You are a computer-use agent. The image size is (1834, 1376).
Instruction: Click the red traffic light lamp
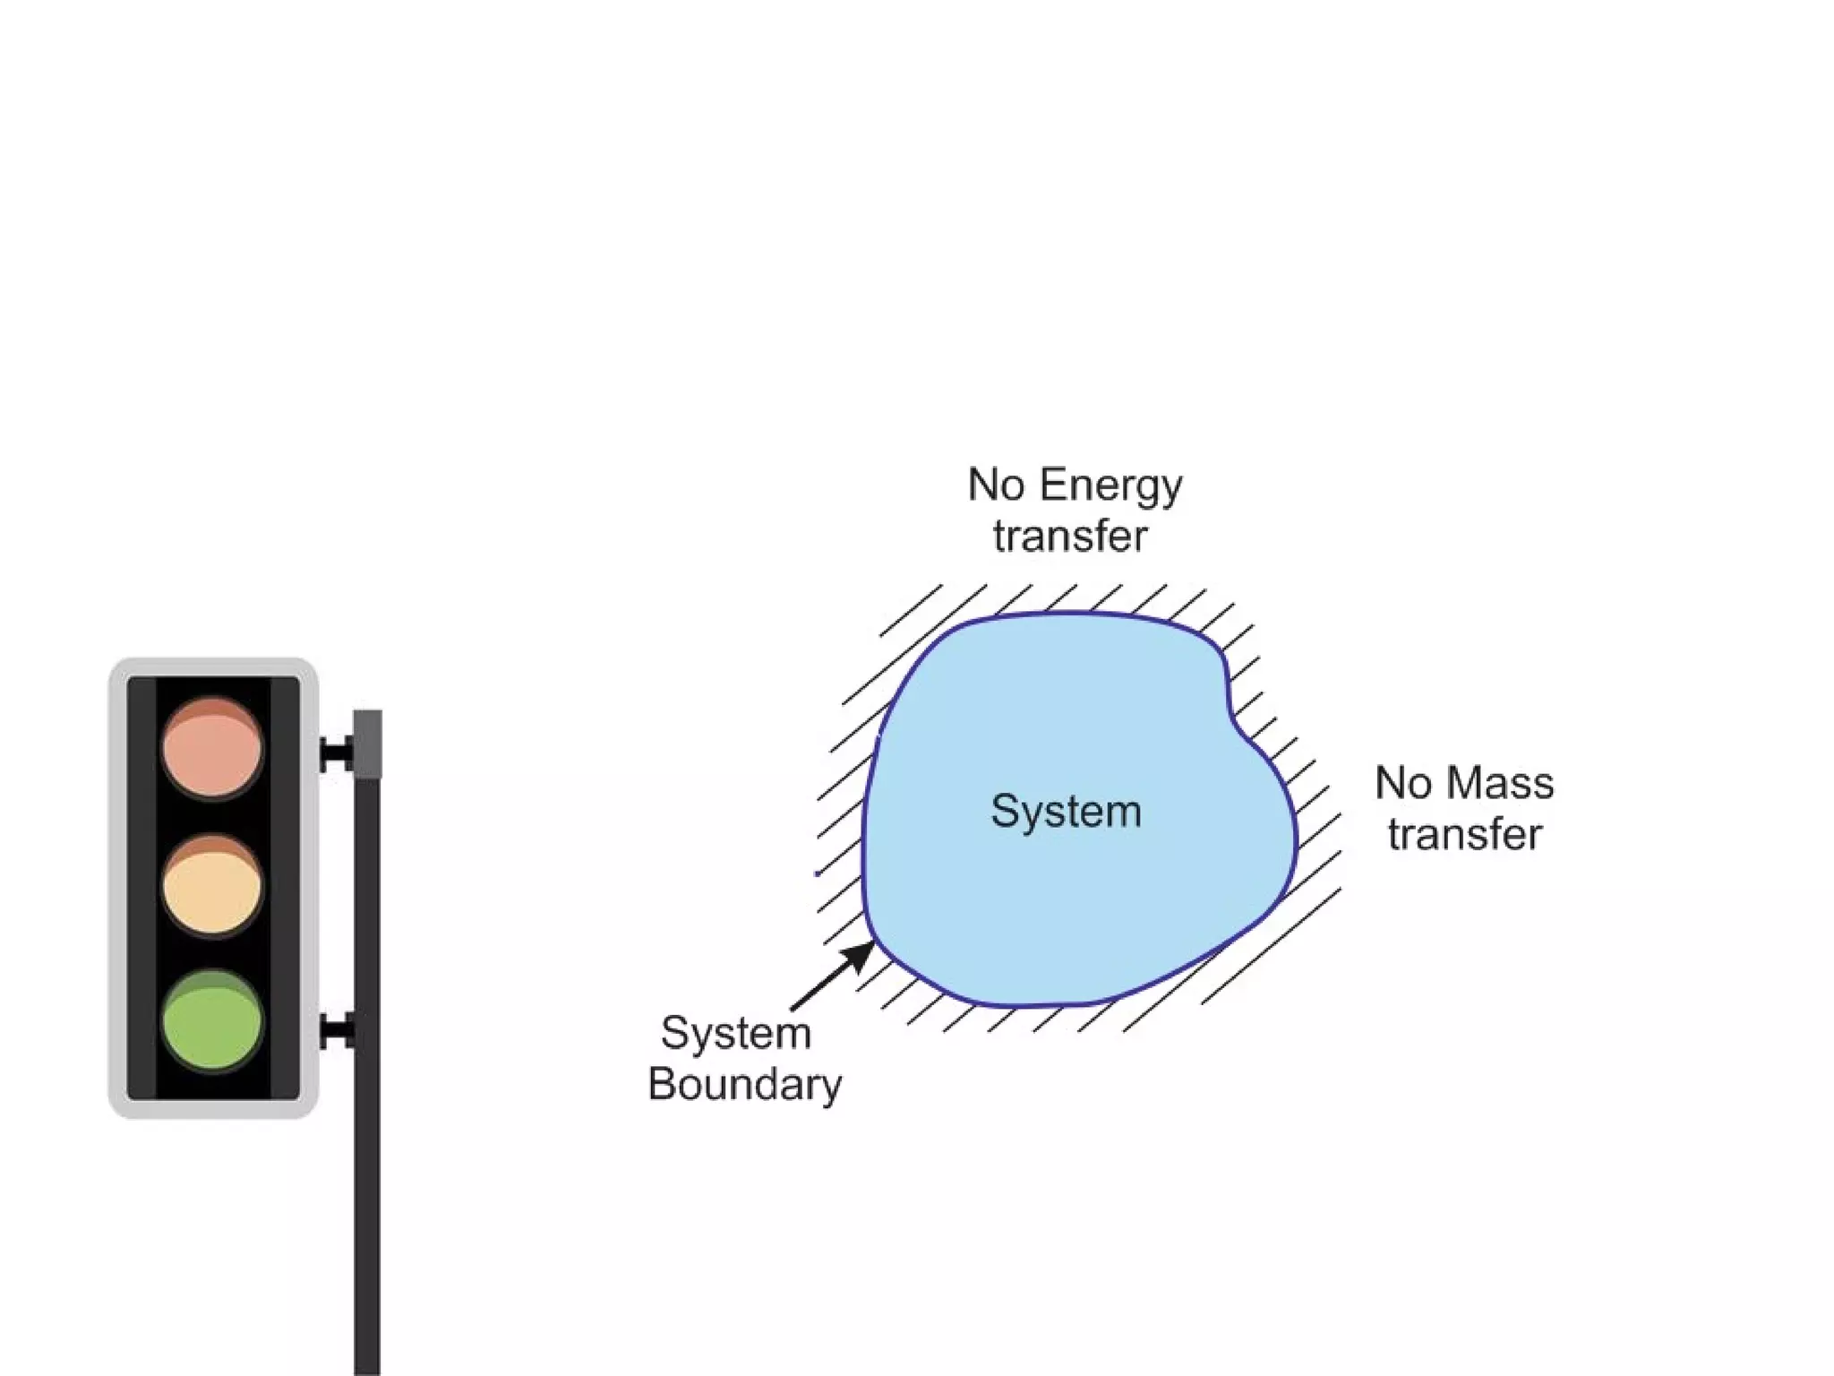pos(212,747)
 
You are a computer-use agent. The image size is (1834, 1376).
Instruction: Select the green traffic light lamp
pos(212,1021)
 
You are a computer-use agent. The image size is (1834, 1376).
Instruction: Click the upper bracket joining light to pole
pos(336,753)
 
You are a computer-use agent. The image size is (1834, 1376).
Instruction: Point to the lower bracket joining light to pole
pos(336,1031)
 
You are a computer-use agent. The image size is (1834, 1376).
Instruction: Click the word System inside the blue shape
pos(1066,812)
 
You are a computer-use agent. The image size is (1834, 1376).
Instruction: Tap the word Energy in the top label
pos(1111,486)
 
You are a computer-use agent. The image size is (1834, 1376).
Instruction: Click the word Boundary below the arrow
pos(744,1085)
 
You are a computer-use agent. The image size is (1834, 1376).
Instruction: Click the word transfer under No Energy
pos(1070,537)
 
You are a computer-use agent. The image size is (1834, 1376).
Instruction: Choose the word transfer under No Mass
pos(1464,834)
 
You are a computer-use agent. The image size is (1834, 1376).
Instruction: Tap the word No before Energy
pos(996,485)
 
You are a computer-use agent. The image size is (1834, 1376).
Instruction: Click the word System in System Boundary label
pos(736,1033)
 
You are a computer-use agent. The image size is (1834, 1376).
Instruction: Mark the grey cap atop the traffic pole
pos(367,744)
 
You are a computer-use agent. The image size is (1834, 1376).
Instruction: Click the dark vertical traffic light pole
pos(367,1165)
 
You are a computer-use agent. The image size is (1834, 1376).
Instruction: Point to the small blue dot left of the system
pos(818,873)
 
